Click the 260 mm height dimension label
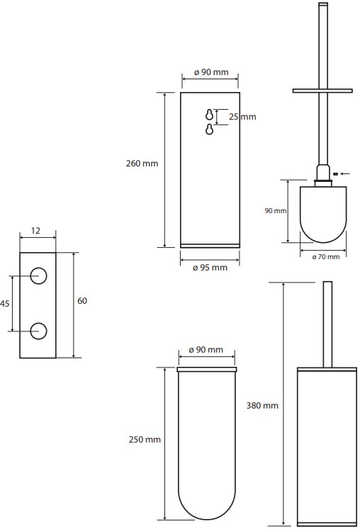(142, 164)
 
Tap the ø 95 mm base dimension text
(210, 268)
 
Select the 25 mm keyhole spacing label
(242, 117)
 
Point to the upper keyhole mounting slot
(210, 115)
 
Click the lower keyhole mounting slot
(210, 129)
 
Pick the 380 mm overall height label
(262, 406)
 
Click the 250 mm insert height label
(145, 440)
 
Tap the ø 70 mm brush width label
(326, 257)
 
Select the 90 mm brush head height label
(276, 211)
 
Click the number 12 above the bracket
(35, 231)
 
